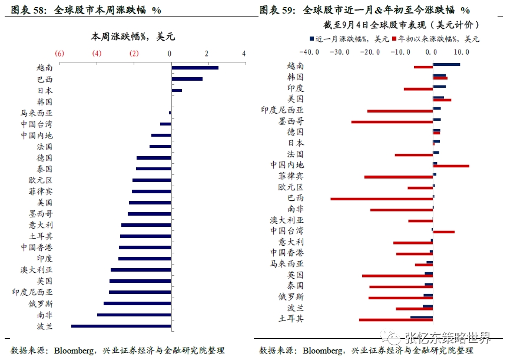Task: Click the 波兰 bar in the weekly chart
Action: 121,326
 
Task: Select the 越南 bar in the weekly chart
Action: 194,68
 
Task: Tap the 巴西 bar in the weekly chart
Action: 187,79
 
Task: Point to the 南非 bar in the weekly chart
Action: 134,315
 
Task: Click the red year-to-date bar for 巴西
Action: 382,199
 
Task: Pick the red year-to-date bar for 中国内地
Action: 451,166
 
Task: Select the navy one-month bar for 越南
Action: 446,64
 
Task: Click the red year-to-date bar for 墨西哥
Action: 392,122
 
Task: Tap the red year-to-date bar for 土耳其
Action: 396,320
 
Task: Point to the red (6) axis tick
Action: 59,54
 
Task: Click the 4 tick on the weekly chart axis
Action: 244,54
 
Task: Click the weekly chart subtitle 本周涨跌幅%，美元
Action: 132,37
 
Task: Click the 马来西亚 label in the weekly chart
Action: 37,113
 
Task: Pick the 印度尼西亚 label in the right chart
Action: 282,110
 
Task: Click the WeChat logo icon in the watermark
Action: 392,338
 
